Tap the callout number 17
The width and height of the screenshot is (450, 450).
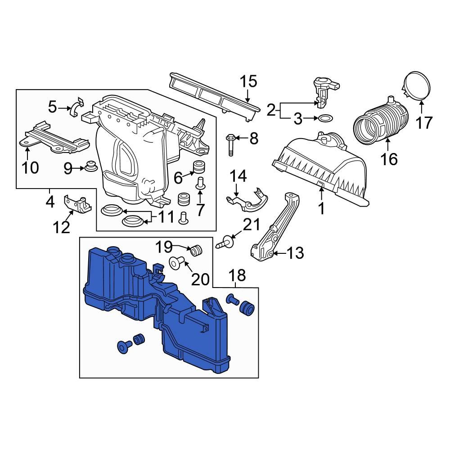423,122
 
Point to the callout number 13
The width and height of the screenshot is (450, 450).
295,253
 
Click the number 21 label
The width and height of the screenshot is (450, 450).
252,225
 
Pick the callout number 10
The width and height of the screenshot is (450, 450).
31,167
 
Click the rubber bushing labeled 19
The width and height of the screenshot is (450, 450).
196,250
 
